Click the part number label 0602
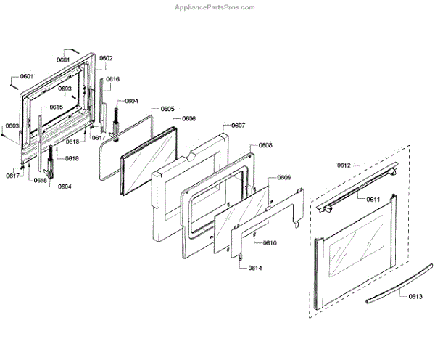coord(106,58)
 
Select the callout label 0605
coord(167,109)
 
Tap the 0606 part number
coord(189,118)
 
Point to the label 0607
coord(238,126)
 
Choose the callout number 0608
coord(265,145)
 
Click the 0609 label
coord(284,178)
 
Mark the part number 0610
coord(270,242)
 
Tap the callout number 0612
coord(344,166)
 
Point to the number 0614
coord(254,269)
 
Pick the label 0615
coord(56,107)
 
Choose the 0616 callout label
coord(113,78)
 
